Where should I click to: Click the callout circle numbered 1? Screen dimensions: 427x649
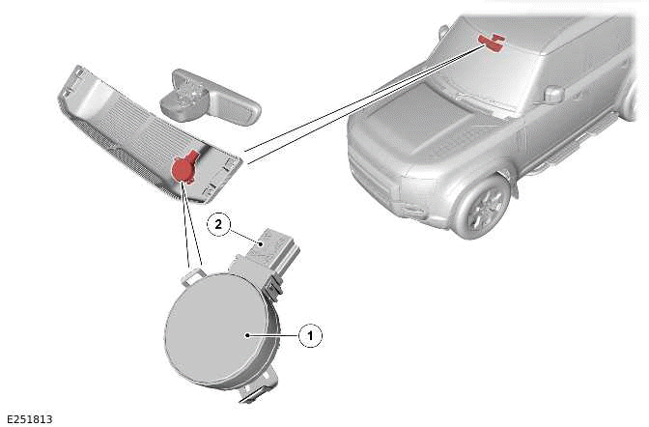coord(310,336)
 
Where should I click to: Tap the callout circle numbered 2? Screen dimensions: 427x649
coord(219,224)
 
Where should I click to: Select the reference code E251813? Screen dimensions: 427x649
coord(29,418)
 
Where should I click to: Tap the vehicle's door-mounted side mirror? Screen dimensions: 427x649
coord(553,94)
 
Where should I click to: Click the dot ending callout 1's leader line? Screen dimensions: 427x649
coord(249,335)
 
